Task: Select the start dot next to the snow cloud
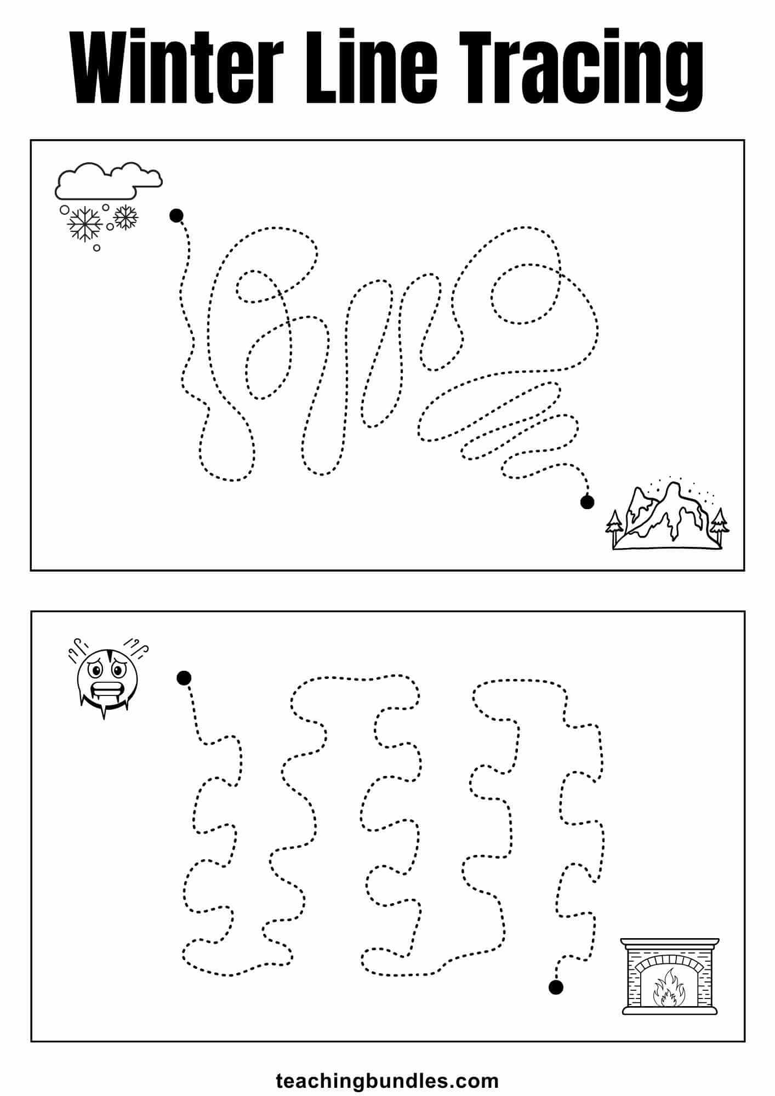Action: (176, 216)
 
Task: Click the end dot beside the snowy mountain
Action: (587, 501)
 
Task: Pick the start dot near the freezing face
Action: (184, 678)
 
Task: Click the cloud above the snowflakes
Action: (108, 181)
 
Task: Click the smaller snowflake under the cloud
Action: (126, 217)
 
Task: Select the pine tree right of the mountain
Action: (719, 523)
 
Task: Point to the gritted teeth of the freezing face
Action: (104, 689)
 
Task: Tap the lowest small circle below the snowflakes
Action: (97, 248)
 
